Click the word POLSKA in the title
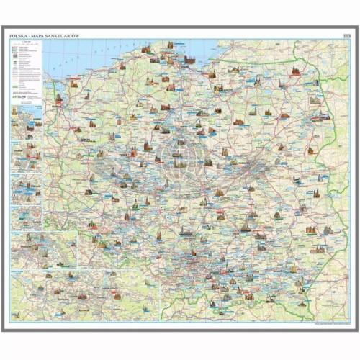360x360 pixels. [19, 35]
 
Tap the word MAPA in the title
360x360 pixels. [38, 35]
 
